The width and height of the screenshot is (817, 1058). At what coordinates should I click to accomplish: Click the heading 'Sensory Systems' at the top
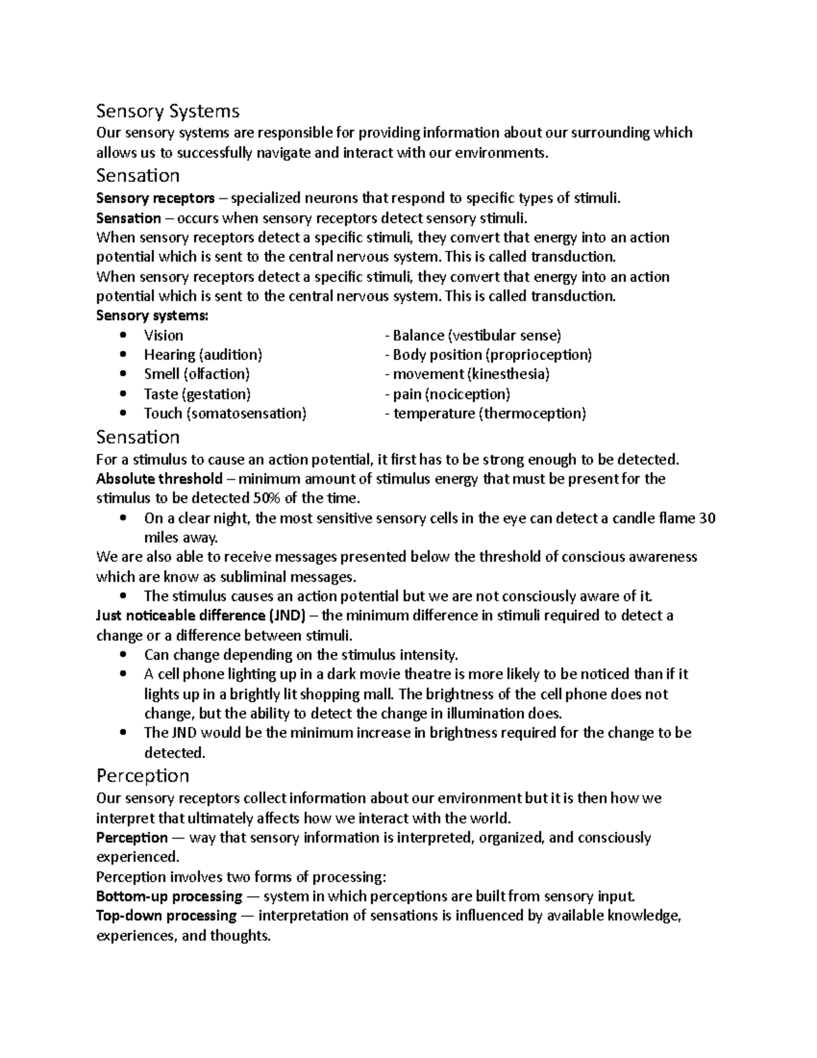tap(167, 110)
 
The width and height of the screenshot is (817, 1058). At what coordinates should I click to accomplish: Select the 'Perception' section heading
tap(142, 775)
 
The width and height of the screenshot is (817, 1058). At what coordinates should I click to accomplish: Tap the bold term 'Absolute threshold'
tap(159, 478)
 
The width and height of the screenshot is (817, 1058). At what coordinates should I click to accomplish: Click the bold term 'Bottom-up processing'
tap(169, 896)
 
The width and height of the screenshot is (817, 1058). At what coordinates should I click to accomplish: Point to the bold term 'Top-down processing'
tap(166, 915)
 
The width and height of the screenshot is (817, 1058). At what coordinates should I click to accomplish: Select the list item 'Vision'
tap(163, 335)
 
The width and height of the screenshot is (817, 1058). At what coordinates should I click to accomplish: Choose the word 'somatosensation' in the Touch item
tap(246, 414)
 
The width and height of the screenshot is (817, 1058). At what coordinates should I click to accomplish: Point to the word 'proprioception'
tap(539, 355)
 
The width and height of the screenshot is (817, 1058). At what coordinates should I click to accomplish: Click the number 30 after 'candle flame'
tap(707, 518)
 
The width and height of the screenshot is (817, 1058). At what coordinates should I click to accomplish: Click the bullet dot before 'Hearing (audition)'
tap(123, 355)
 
